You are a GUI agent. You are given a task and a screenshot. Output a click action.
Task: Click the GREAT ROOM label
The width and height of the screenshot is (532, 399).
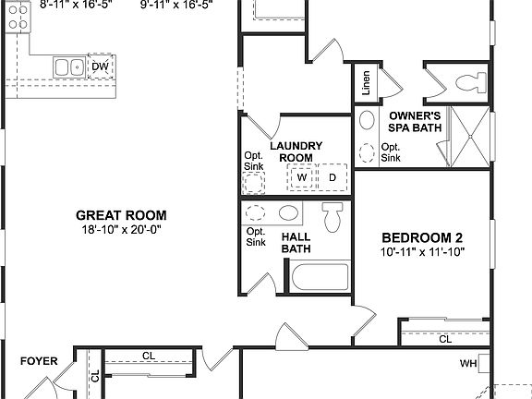point(121,215)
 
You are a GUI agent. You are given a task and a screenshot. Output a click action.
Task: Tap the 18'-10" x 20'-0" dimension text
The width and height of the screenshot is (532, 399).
point(121,230)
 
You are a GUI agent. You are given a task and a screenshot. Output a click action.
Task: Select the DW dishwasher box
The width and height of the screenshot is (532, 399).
point(100,66)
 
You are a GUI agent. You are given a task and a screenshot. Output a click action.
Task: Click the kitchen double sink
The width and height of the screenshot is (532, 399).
point(67,66)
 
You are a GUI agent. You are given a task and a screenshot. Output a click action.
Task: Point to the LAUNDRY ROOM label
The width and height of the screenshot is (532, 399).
point(296,151)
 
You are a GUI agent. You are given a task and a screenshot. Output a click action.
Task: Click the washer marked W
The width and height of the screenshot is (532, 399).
point(302,176)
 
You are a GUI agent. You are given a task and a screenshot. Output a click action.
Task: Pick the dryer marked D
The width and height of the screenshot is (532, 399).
point(332,176)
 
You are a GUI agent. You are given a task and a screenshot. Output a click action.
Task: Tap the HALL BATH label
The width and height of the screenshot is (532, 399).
point(296,242)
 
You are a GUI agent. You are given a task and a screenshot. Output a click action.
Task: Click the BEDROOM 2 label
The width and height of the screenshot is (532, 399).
point(421,236)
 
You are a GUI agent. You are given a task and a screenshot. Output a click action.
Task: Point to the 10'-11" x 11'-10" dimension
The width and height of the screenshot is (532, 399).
point(421,251)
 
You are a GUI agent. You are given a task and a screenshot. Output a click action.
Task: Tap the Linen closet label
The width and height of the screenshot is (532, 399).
point(367,83)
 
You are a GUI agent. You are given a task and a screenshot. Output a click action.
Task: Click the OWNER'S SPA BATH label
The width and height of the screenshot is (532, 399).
point(414,122)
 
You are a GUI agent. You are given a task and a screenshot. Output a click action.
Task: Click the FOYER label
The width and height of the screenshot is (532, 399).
point(39,361)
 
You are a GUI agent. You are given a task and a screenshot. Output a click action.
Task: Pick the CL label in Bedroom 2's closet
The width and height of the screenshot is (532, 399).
point(445,339)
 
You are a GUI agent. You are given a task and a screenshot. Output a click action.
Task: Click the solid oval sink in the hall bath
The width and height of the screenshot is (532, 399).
point(288,213)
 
